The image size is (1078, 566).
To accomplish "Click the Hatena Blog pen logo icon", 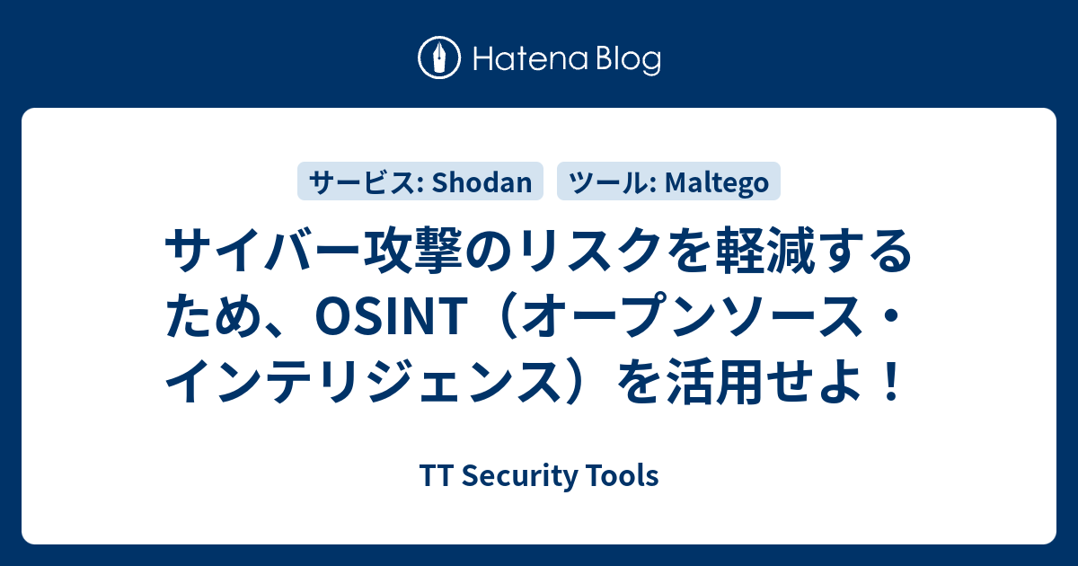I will [440, 59].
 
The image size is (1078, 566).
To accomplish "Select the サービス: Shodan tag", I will [420, 182].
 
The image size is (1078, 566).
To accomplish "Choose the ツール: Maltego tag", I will [669, 182].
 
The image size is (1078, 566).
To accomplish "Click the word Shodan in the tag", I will [482, 182].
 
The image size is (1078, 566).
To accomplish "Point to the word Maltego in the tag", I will [718, 182].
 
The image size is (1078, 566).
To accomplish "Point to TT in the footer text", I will [431, 476].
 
